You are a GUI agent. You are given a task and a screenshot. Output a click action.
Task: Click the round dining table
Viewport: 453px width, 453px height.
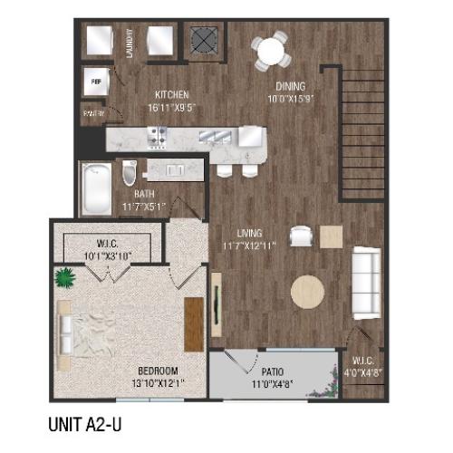click(x=272, y=50)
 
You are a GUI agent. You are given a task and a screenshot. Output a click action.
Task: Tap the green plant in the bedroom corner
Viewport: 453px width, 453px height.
click(x=65, y=276)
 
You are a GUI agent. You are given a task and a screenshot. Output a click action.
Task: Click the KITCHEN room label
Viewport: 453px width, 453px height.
click(x=172, y=94)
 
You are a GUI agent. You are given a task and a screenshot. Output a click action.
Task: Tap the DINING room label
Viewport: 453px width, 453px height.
click(x=293, y=88)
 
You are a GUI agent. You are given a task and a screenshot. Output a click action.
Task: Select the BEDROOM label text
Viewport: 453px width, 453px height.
click(x=158, y=371)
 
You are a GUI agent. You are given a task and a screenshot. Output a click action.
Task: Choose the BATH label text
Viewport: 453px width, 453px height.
click(x=143, y=194)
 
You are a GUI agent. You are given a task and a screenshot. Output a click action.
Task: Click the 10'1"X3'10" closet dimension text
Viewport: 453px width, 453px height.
click(x=106, y=254)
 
